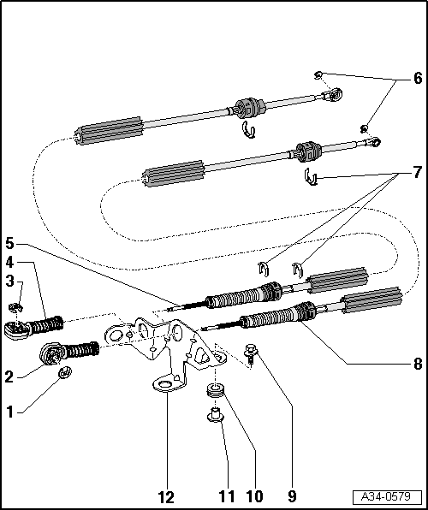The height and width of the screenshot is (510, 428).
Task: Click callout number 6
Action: [418, 78]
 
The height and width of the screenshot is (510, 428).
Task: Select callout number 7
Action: [418, 172]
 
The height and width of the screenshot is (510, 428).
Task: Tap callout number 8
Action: [418, 364]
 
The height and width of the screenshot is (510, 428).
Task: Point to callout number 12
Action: [166, 497]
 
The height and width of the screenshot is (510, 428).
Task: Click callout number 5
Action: [9, 244]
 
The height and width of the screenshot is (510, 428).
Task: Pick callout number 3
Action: [9, 282]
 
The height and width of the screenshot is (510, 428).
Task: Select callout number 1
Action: [10, 412]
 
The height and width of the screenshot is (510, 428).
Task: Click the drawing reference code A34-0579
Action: [387, 496]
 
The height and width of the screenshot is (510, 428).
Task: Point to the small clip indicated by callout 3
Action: [15, 306]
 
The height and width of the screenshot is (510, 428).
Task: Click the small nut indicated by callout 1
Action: [65, 372]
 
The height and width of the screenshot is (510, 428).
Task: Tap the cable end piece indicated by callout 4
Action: [33, 327]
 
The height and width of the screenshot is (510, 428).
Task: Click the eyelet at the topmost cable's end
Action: [336, 94]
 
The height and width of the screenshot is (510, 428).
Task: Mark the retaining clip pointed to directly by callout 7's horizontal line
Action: [311, 177]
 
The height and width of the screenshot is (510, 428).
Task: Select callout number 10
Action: [254, 497]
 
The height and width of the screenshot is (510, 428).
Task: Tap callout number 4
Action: [9, 262]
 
